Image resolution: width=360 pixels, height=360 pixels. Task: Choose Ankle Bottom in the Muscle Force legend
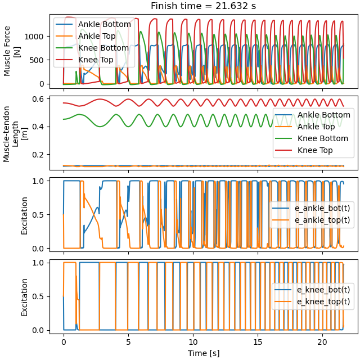pyautogui.click(x=104, y=24)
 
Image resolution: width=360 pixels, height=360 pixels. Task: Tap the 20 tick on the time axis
pyautogui.click(x=322, y=342)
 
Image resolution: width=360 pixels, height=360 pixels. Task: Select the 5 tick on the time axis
pyautogui.click(x=128, y=342)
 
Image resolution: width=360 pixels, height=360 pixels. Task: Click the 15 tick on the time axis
pyautogui.click(x=258, y=342)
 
